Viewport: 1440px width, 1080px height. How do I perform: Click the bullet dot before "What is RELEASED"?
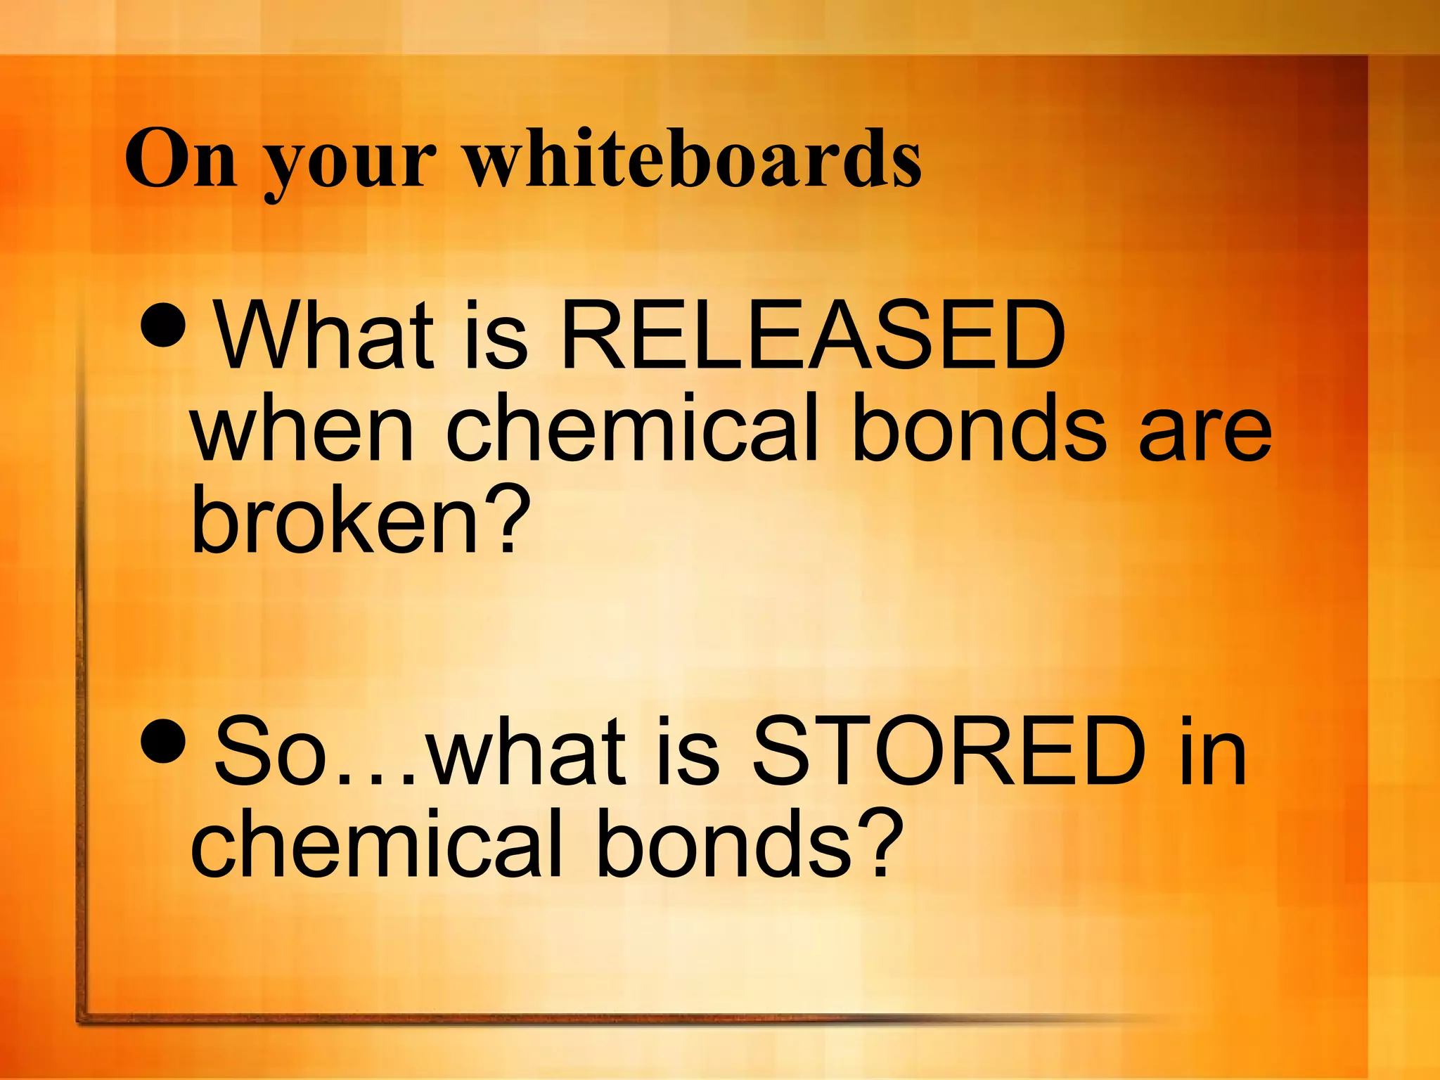pos(163,324)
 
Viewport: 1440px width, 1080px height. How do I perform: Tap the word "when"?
pos(302,428)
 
